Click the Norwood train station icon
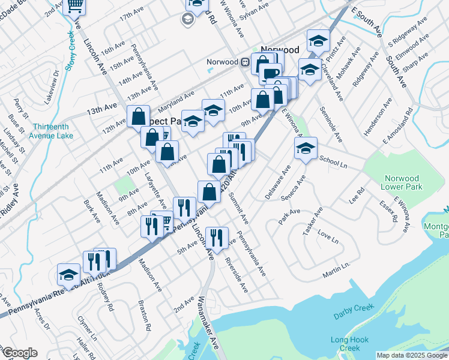click(245, 62)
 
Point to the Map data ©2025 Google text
click(411, 355)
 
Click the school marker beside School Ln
click(306, 149)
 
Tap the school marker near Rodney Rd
click(69, 275)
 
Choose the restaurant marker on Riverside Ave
click(217, 238)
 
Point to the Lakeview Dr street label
click(57, 81)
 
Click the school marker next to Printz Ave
click(318, 41)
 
